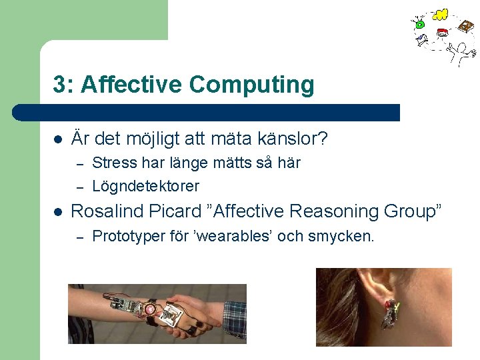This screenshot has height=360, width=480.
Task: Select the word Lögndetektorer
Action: click(145, 186)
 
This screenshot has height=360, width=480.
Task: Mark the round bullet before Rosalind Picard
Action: click(58, 212)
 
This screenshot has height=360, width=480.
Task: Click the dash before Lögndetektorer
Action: click(78, 187)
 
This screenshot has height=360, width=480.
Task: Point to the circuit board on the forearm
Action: click(127, 303)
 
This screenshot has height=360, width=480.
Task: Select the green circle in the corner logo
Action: click(420, 25)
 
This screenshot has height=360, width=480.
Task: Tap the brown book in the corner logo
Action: click(466, 27)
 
